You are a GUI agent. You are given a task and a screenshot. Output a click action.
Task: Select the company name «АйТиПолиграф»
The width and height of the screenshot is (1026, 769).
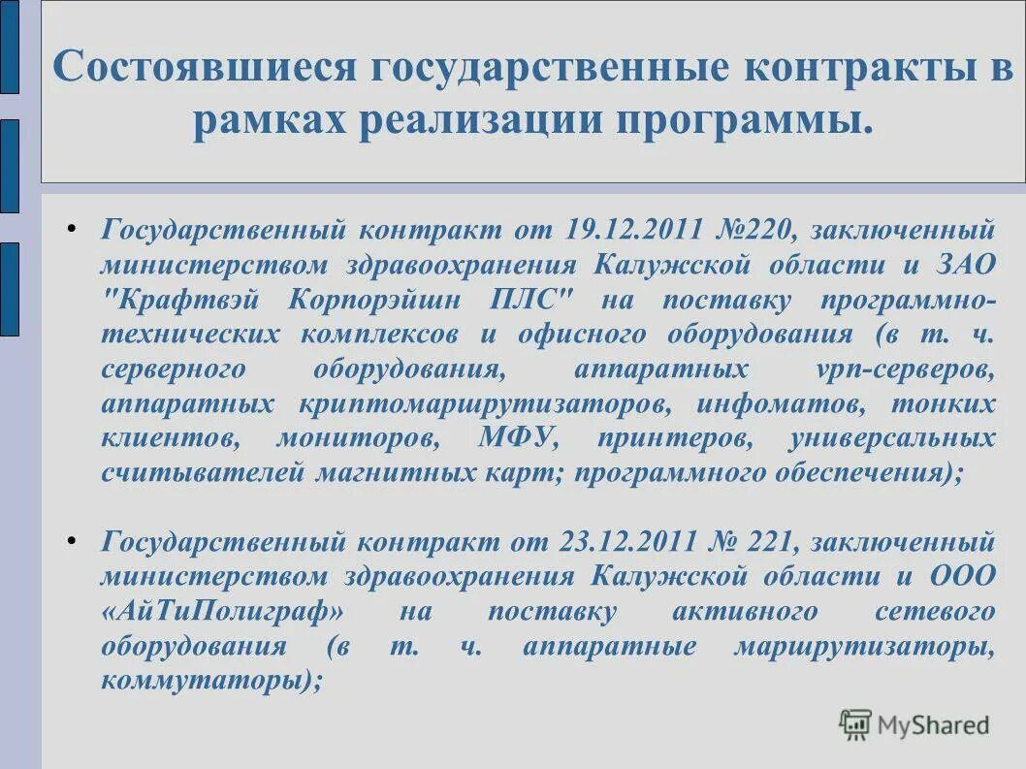click(x=222, y=612)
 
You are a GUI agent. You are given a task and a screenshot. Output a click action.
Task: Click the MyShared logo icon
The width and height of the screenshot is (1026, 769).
click(x=855, y=723)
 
